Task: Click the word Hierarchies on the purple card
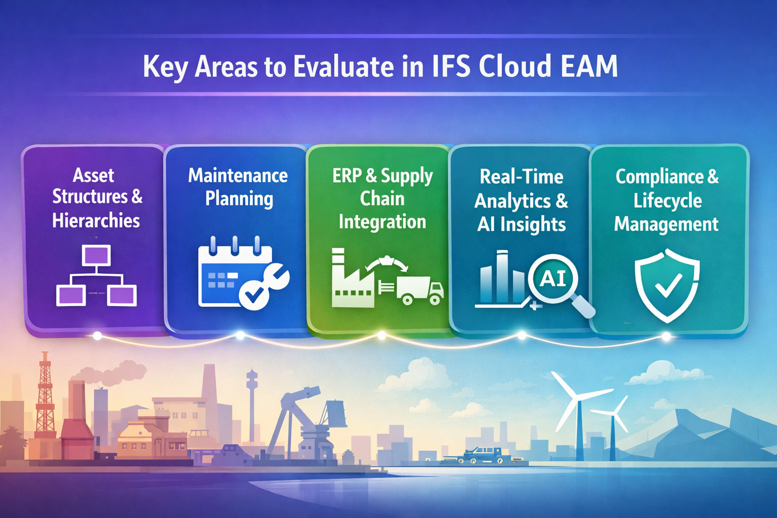tap(96, 221)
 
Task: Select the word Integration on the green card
tap(382, 222)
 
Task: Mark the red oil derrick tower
tap(45, 395)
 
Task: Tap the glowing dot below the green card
tap(382, 335)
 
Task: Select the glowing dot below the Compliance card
tap(666, 336)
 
